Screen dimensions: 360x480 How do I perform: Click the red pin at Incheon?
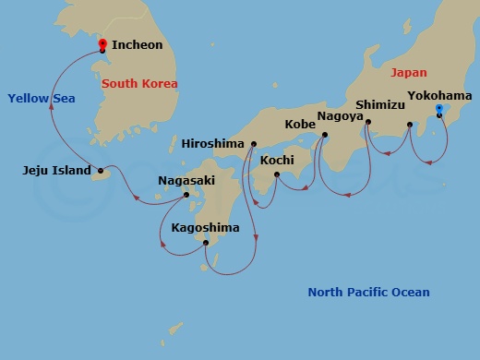tap(102, 44)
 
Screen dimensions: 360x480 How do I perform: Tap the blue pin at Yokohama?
tap(439, 110)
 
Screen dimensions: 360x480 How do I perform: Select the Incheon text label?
tap(137, 44)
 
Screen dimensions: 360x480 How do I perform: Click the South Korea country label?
tap(139, 84)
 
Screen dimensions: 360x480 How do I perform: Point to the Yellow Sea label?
tap(41, 98)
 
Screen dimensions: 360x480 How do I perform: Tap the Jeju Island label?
tap(57, 171)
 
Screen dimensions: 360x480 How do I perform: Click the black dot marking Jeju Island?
tap(101, 171)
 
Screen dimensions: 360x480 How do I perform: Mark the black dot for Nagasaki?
tap(186, 195)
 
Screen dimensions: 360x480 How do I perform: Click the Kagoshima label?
tap(204, 228)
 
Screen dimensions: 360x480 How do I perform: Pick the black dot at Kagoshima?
tap(206, 243)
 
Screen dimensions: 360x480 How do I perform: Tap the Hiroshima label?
tap(212, 144)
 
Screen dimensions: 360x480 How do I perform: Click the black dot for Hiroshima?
tap(251, 144)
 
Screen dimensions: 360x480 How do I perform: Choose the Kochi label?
tap(277, 161)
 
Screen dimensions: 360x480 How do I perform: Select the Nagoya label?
tap(340, 116)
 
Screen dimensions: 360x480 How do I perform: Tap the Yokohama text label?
tap(439, 96)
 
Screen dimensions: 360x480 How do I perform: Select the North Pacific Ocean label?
tap(368, 293)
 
